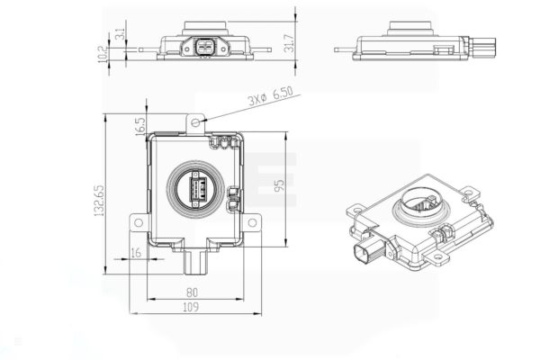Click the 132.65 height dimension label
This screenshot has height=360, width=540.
(x=99, y=201)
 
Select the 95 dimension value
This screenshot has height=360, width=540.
(x=280, y=185)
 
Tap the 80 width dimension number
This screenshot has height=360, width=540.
(x=192, y=292)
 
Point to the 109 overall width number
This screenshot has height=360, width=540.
(x=191, y=307)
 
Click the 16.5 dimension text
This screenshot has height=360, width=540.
(x=140, y=126)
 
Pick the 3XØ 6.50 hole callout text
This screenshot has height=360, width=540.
(x=271, y=95)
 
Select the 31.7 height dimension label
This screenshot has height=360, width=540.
(x=289, y=43)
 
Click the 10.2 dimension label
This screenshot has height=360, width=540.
(x=103, y=54)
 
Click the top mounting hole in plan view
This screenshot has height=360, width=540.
(x=195, y=122)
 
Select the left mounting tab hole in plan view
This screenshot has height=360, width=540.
(x=139, y=222)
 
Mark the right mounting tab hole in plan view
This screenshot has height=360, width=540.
(x=252, y=222)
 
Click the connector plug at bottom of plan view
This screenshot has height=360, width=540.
(x=195, y=262)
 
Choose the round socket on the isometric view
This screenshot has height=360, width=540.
(x=421, y=207)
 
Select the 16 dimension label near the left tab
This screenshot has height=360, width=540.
(x=136, y=253)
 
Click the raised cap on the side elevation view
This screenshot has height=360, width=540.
(x=410, y=28)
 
